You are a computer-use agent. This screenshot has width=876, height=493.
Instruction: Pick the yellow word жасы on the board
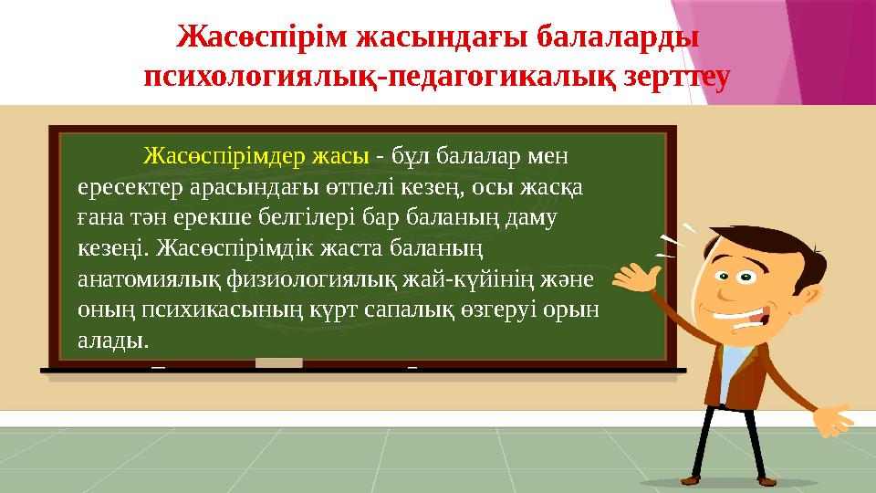pyautogui.click(x=341, y=154)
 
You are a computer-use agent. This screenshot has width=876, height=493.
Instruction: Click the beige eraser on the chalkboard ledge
pyautogui.click(x=278, y=363)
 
